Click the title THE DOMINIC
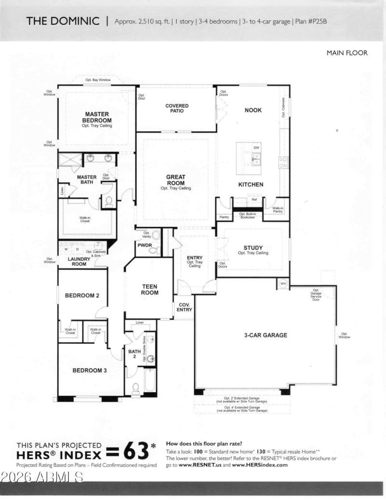click(63, 21)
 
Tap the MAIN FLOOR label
click(347, 53)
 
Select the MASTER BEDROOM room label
click(96, 117)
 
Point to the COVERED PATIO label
click(177, 108)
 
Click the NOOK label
click(253, 110)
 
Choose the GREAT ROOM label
click(176, 180)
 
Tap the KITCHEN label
click(251, 185)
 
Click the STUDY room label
click(253, 248)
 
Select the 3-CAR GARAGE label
click(265, 335)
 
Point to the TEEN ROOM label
click(150, 289)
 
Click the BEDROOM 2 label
click(83, 295)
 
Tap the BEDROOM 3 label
click(89, 371)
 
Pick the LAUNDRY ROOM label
click(79, 261)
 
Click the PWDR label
click(145, 245)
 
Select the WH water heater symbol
click(283, 284)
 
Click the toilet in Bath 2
click(136, 387)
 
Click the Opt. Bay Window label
click(98, 79)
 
